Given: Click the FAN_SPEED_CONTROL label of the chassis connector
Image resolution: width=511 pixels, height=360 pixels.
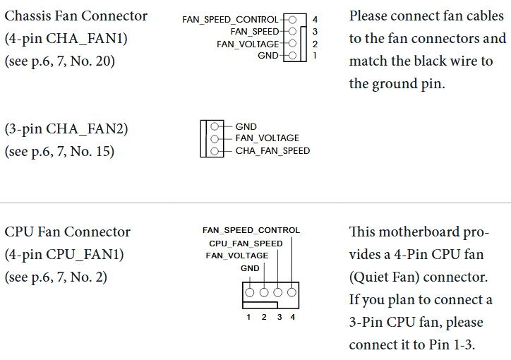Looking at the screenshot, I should point(230,20).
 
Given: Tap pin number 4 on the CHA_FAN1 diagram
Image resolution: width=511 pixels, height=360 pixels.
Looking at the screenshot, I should point(315,20).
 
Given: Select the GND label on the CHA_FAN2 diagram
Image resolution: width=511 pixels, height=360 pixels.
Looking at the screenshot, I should point(246,127).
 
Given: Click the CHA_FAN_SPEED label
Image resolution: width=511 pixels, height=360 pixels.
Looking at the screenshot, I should point(272,150).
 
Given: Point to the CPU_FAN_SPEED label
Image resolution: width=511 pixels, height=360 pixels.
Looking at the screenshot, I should point(246,244).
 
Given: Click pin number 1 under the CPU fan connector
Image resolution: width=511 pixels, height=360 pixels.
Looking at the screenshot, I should point(248,317).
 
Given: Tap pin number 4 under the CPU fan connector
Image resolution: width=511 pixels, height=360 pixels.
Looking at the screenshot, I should point(292,317).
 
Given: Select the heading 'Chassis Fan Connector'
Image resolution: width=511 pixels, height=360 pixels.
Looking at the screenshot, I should point(76,16).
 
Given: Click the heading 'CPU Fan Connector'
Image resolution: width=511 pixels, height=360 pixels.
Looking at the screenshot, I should point(68,232).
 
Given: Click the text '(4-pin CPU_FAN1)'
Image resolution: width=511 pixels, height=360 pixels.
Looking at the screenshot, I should point(64,254).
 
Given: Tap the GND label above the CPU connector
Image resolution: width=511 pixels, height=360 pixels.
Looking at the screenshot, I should point(250,268).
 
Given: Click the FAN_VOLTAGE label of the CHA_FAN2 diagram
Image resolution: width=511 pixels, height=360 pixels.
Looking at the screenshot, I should point(267,138).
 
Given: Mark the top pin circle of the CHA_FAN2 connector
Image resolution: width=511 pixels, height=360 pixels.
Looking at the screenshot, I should point(214,127).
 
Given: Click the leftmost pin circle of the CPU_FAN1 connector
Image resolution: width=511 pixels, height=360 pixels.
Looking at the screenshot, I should point(249,291).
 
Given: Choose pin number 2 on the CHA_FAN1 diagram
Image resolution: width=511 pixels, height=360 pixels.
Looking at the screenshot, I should point(315,44).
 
